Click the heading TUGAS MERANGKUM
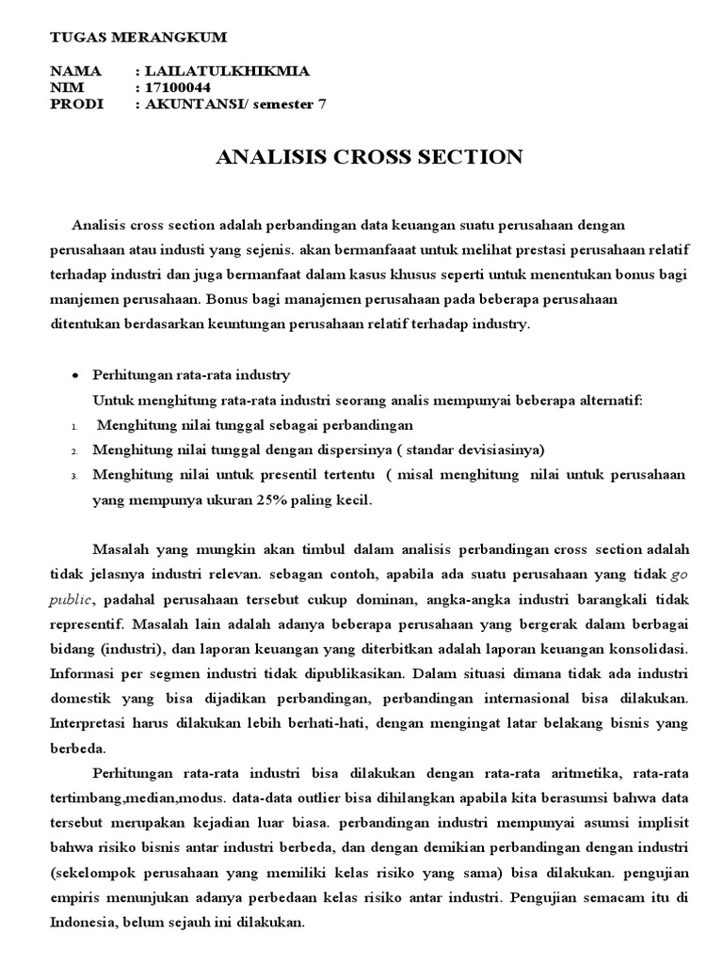coord(137,37)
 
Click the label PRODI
coord(74,104)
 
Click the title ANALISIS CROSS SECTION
coord(369,157)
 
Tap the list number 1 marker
coord(73,427)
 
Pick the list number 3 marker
coord(73,476)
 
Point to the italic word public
coord(72,598)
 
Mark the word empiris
coord(75,873)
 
